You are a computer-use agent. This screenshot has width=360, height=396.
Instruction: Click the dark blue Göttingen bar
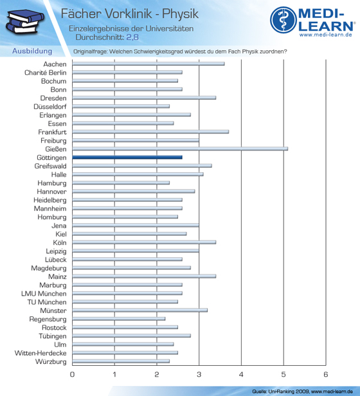(x=127, y=157)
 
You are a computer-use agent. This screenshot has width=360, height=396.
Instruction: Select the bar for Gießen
(x=180, y=148)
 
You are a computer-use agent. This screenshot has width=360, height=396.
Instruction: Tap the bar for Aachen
(x=148, y=64)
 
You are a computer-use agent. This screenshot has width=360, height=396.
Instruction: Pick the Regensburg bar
(x=119, y=319)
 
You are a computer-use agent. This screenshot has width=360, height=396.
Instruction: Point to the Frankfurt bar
(x=150, y=132)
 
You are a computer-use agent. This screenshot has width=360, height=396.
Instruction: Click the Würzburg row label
(x=51, y=361)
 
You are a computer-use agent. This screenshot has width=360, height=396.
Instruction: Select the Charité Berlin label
(x=46, y=73)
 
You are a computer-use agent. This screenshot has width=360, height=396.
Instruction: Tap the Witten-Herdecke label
(x=40, y=353)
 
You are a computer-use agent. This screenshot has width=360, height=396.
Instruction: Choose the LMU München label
(x=44, y=293)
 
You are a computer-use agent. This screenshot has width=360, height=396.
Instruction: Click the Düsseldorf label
(x=50, y=107)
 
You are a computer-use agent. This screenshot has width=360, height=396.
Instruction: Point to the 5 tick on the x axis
(x=283, y=374)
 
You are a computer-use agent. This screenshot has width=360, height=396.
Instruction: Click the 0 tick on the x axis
(x=72, y=374)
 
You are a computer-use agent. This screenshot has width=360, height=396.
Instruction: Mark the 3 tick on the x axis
(x=199, y=374)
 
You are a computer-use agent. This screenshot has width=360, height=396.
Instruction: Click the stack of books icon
(x=25, y=22)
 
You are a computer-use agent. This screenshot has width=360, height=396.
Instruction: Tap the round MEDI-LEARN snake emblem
(x=283, y=20)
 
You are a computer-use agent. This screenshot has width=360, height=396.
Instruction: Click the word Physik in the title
(x=180, y=14)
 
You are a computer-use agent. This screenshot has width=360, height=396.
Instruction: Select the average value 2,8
(x=132, y=37)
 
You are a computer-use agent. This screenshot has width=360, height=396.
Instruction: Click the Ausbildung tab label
(x=32, y=51)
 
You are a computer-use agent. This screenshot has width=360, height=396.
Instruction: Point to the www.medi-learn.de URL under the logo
(x=326, y=35)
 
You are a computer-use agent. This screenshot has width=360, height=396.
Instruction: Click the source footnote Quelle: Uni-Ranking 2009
(x=281, y=392)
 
